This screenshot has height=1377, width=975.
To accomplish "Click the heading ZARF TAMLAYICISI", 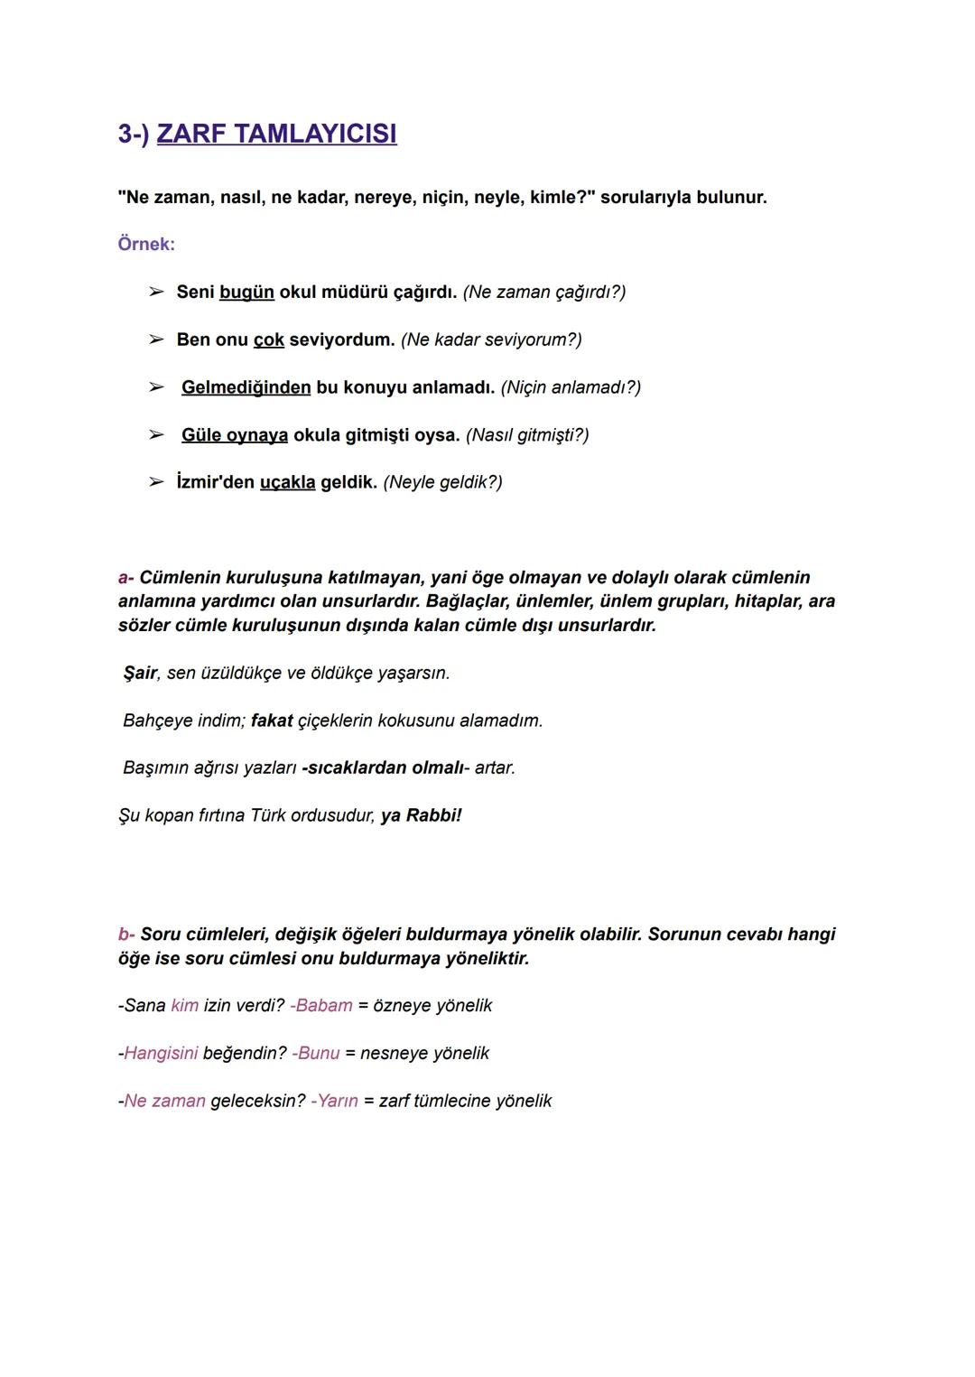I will (x=276, y=134).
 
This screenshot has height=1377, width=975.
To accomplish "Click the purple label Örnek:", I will (x=146, y=244).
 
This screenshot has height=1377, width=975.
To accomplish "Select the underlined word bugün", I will (x=246, y=292).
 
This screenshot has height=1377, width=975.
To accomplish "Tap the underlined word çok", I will (x=269, y=340).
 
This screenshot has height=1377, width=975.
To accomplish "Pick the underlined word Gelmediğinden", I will (x=246, y=387).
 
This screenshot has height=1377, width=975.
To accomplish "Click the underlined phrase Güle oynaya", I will (x=235, y=435).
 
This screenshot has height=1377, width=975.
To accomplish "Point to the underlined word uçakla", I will (x=288, y=482).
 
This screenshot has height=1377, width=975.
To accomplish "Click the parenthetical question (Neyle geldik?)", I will (x=442, y=482).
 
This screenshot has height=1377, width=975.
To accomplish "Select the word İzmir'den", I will (x=215, y=482).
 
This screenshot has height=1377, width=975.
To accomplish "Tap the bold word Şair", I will (x=140, y=673).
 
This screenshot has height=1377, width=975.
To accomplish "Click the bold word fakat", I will (x=272, y=721).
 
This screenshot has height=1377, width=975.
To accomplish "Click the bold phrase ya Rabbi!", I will (x=421, y=815).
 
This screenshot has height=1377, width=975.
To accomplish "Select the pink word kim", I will (x=184, y=1006).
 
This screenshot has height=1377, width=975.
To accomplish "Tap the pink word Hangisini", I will (x=161, y=1053).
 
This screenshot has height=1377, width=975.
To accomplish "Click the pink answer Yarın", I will (x=338, y=1101).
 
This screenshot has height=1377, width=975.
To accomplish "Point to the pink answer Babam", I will (x=323, y=1006).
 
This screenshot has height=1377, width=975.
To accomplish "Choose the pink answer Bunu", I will (x=318, y=1053).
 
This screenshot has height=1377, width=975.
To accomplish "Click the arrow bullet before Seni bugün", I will (x=156, y=292).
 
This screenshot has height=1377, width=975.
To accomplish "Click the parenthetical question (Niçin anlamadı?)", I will (x=571, y=387).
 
